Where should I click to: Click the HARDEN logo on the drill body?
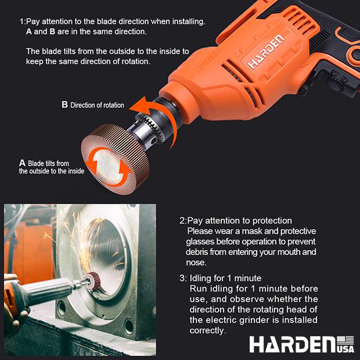(x=266, y=52)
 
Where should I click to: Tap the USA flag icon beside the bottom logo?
(x=345, y=341)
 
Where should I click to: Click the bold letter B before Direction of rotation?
(x=65, y=105)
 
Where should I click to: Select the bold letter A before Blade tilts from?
(x=22, y=163)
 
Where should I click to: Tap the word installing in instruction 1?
(x=189, y=21)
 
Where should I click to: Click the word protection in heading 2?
(x=272, y=221)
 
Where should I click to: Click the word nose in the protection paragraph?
(x=196, y=262)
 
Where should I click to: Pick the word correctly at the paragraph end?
(x=208, y=330)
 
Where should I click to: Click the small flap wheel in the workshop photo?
(x=95, y=280)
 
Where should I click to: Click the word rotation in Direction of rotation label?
(x=114, y=105)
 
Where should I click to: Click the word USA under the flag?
(x=345, y=349)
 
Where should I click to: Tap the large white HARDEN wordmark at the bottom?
(x=293, y=344)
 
